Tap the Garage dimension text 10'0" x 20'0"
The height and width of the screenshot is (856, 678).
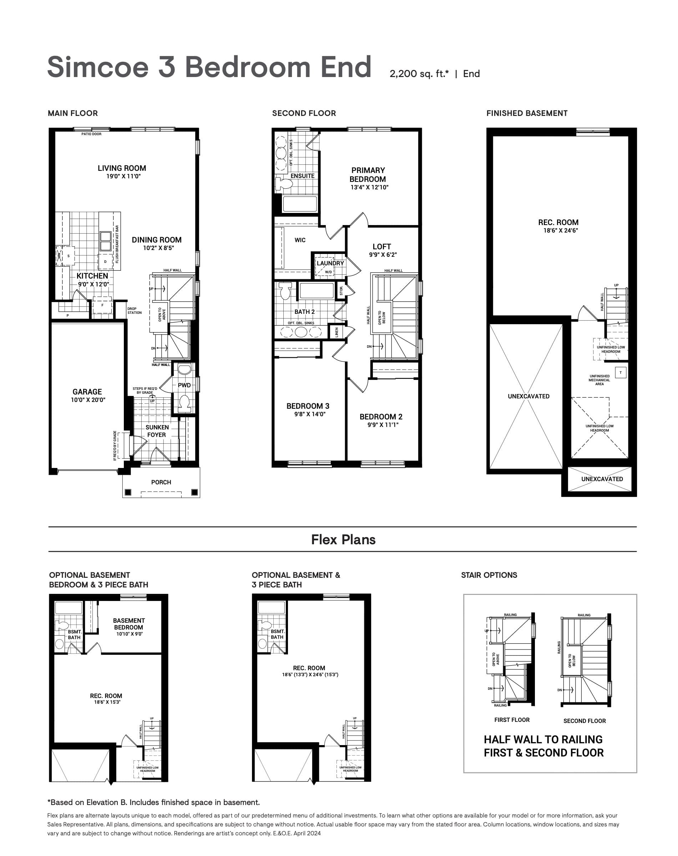pyautogui.click(x=88, y=400)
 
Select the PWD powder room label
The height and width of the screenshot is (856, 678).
pyautogui.click(x=184, y=385)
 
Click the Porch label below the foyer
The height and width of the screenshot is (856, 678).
pyautogui.click(x=161, y=482)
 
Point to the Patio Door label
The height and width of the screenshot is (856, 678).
pyautogui.click(x=91, y=134)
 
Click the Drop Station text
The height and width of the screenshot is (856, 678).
pyautogui.click(x=134, y=311)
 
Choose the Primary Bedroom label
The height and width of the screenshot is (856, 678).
pyautogui.click(x=368, y=174)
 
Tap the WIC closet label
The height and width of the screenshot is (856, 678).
pyautogui.click(x=300, y=240)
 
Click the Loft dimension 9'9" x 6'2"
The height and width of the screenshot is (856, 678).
pyautogui.click(x=383, y=255)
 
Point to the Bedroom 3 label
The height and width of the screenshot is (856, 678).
pyautogui.click(x=308, y=406)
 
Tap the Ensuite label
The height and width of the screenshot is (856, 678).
pyautogui.click(x=303, y=176)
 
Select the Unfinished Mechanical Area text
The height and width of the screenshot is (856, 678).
pyautogui.click(x=599, y=380)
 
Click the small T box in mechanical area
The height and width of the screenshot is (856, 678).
pyautogui.click(x=621, y=372)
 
